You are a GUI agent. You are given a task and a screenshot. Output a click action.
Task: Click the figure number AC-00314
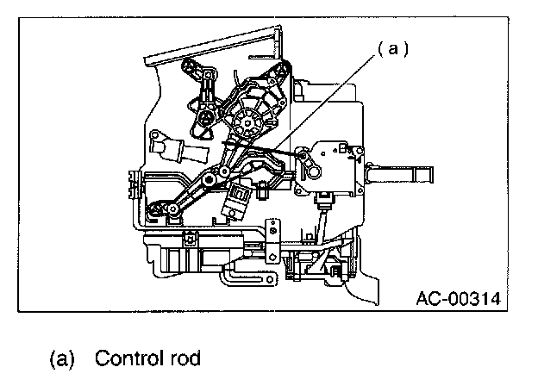[459, 298]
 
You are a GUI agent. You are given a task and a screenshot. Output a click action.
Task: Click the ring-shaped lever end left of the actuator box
[303, 158]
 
